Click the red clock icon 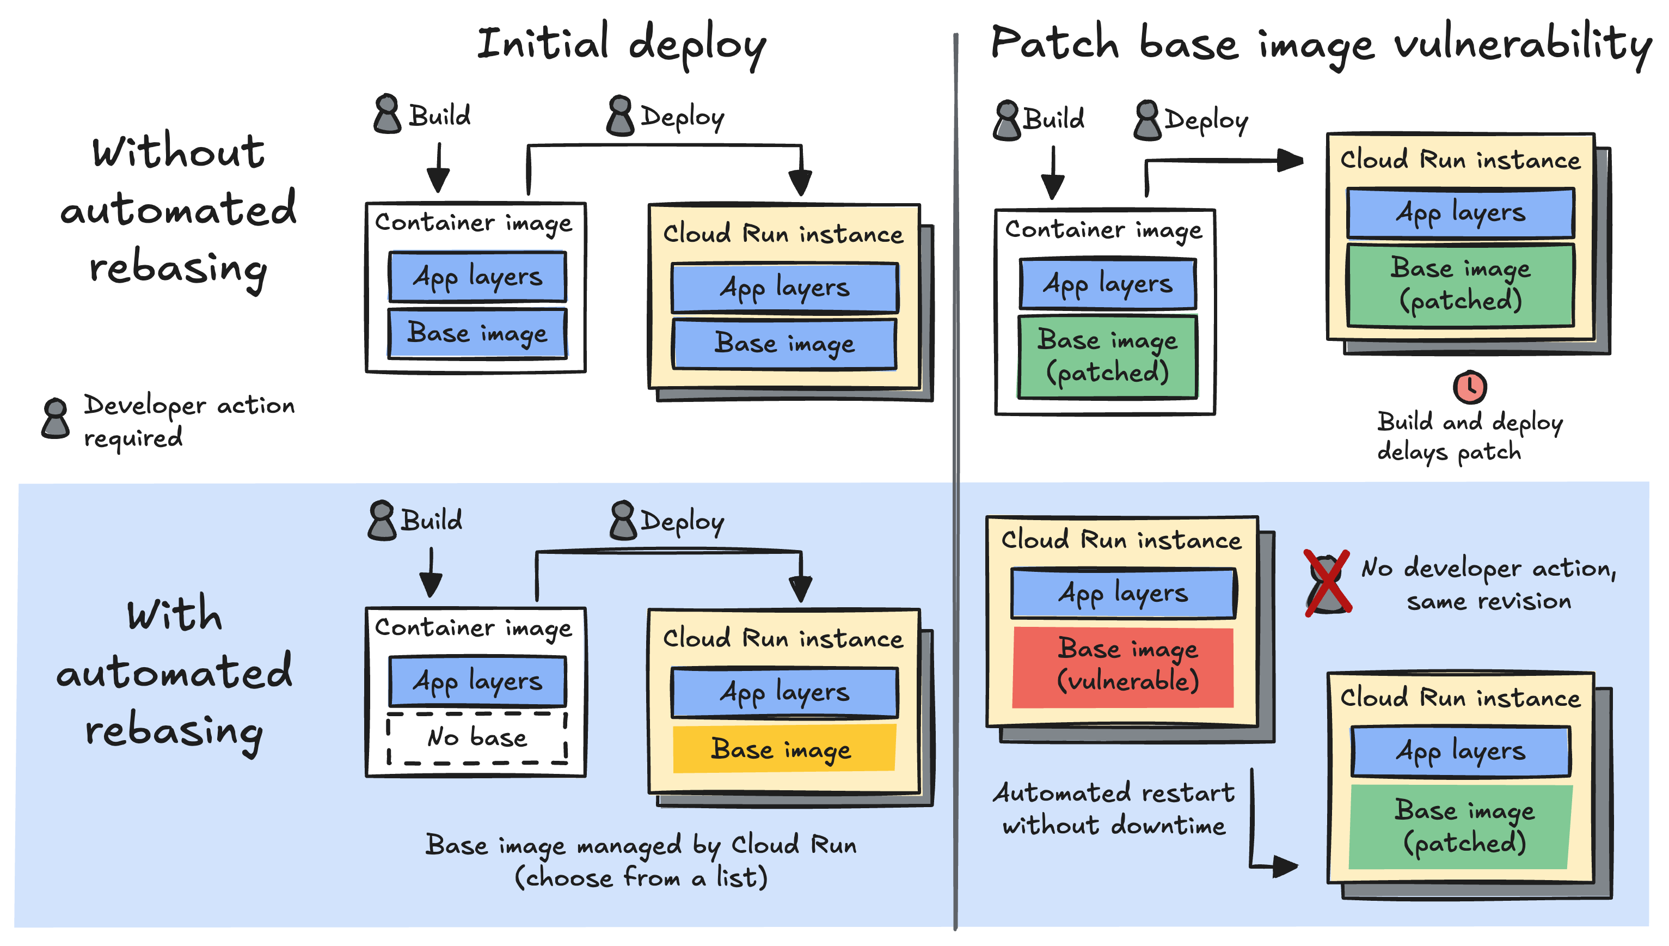click(1469, 388)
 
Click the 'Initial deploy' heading click(622, 44)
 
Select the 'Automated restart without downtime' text click(1113, 808)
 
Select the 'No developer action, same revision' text click(1488, 583)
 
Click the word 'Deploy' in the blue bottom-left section click(682, 521)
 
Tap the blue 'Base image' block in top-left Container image click(477, 333)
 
